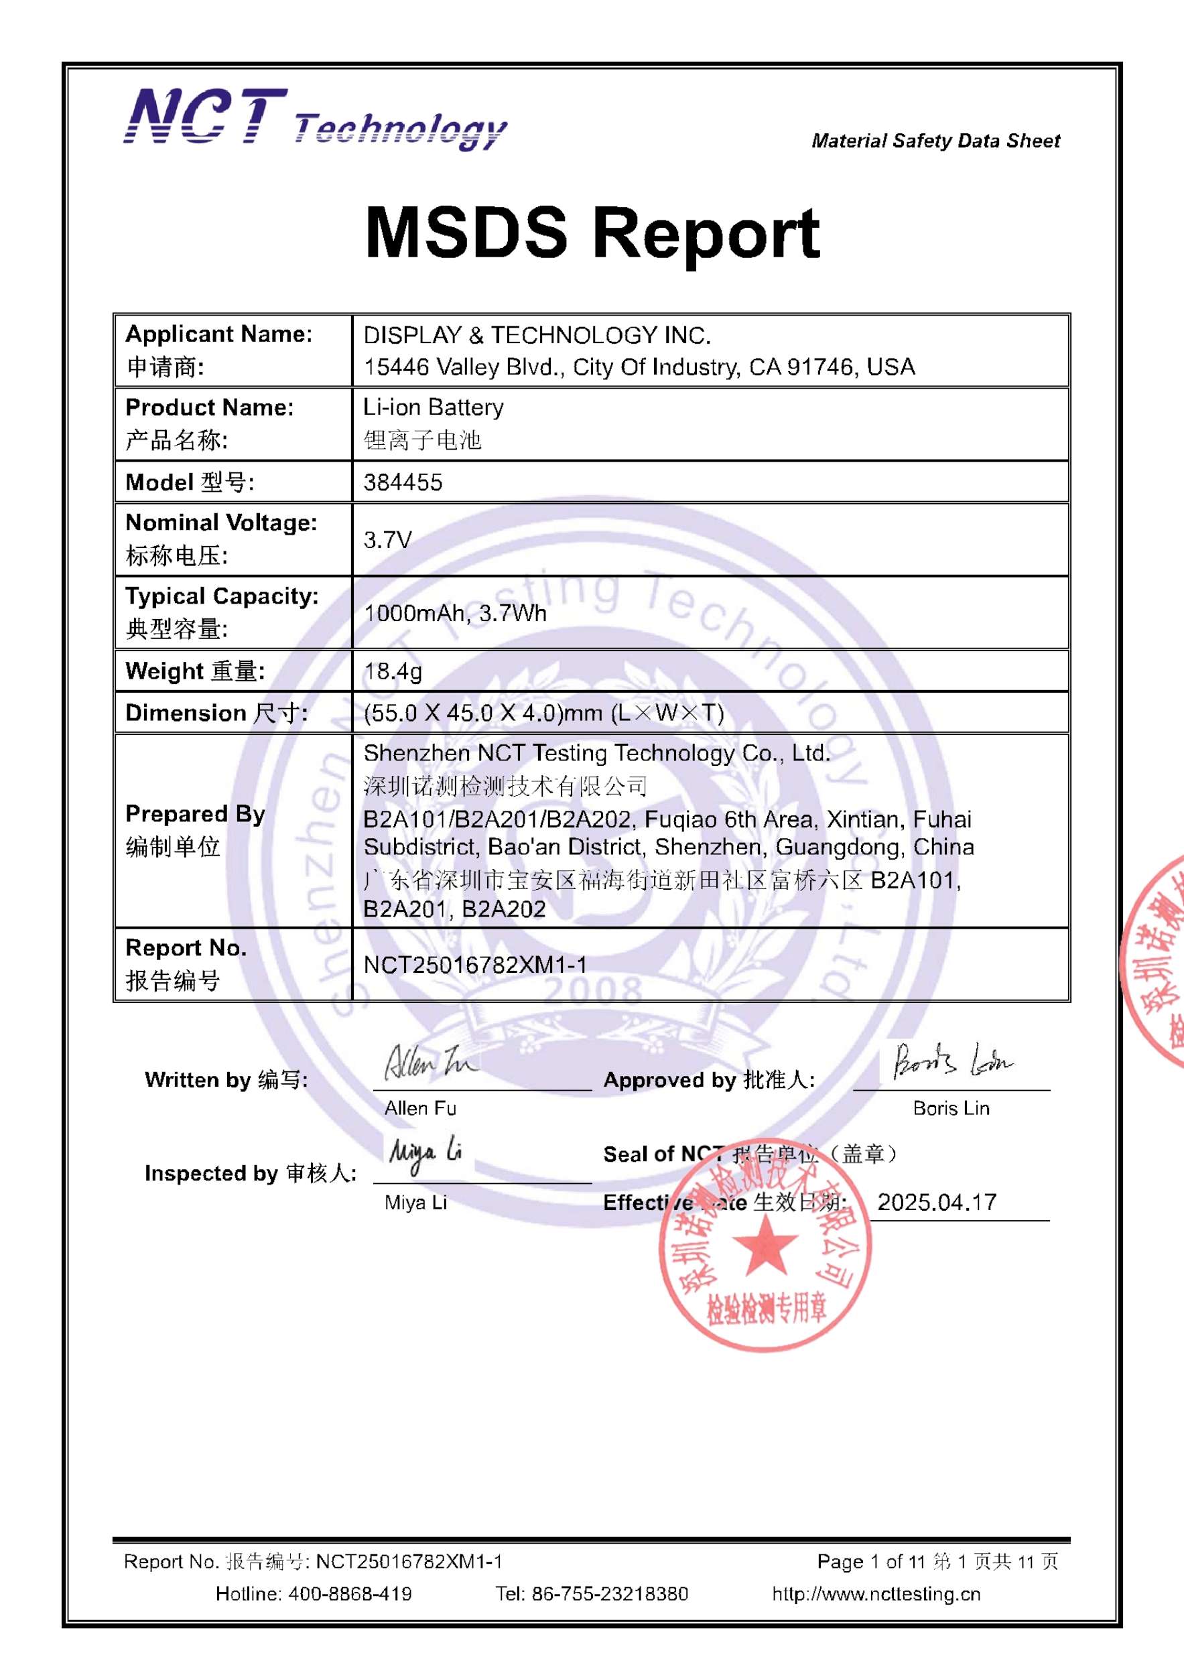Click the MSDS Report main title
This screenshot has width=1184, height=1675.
(x=592, y=232)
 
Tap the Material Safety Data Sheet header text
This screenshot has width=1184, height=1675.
(x=935, y=141)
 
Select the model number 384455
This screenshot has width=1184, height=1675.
(x=403, y=482)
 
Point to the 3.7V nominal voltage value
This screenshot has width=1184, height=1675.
(x=387, y=540)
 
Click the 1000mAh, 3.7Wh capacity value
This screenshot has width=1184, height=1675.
(x=454, y=613)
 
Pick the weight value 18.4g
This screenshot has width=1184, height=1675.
(x=393, y=671)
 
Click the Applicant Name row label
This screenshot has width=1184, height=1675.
(x=219, y=334)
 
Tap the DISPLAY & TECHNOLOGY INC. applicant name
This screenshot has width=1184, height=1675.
(x=537, y=336)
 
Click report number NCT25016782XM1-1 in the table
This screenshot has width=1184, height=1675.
(x=475, y=965)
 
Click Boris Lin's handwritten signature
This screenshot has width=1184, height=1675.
(x=952, y=1061)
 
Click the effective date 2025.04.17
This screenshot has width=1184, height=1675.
(x=937, y=1202)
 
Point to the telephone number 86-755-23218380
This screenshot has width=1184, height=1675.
(x=609, y=1594)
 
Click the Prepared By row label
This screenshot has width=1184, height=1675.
(x=195, y=814)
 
